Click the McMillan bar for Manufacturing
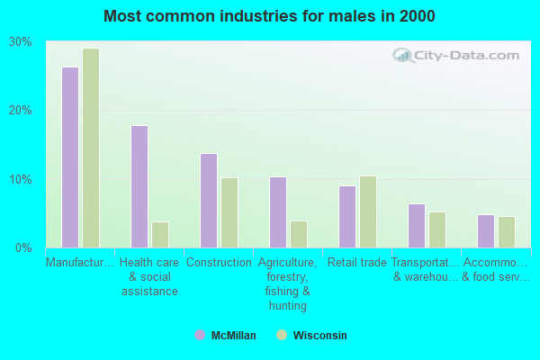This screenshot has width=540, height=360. pos(69,157)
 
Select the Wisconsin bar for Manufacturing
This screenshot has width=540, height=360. pos(90,148)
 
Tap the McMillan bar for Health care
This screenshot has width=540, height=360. pos(139,186)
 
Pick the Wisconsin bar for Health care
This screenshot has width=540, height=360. pos(159,234)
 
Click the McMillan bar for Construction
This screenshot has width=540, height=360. pos(208,200)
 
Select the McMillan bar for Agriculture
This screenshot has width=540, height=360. pos(277,211)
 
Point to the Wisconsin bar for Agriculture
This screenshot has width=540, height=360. pos(298,234)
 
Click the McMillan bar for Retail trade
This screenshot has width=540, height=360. pos(346,216)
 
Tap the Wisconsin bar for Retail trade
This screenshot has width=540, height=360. pos(367,211)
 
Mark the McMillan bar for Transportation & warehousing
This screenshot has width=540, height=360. pos(416,225)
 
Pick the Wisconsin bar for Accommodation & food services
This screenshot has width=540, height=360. pos(506,231)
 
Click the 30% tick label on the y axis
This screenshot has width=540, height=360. pos(21,41)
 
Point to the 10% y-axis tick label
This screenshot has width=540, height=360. pos(21,179)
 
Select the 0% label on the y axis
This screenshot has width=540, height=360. pos(24,247)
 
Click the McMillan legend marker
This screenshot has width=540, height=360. pos(199,335)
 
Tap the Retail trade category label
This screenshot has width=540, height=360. pos(357,263)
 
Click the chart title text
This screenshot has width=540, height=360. pos(269,16)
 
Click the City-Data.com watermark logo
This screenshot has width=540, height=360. pos(455,56)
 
